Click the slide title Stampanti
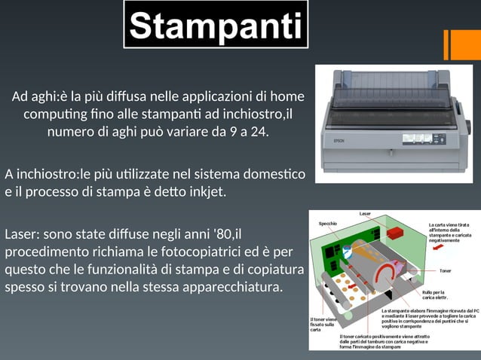pyautogui.click(x=216, y=25)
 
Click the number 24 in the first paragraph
pyautogui.click(x=257, y=133)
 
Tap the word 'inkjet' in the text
pyautogui.click(x=204, y=192)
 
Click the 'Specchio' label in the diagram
pyautogui.click(x=328, y=224)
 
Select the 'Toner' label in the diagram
pyautogui.click(x=445, y=270)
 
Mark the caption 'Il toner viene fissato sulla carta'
pyautogui.click(x=323, y=324)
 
